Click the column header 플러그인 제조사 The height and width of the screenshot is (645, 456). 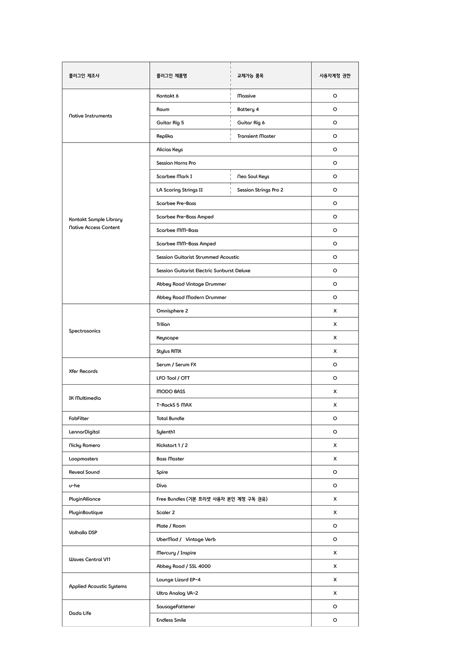point(84,76)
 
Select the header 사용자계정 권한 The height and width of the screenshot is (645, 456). point(335,76)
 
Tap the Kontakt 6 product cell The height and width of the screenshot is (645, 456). point(167,96)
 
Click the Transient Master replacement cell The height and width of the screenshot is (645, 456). point(256,136)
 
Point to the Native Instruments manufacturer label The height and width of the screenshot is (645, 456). point(91,116)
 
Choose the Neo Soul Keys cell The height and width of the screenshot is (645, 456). point(253,177)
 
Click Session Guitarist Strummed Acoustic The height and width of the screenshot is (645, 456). point(198,257)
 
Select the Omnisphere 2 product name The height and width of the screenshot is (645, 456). point(172,311)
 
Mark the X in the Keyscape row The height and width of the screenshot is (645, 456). point(335,338)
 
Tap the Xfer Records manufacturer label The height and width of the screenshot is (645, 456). point(83,371)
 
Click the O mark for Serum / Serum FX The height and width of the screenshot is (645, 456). point(335,365)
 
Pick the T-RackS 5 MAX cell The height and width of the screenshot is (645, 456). point(174,405)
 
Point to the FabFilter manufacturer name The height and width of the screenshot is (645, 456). point(79,419)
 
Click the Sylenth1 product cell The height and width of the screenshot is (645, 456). point(165,432)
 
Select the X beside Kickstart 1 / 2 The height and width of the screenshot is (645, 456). point(335,445)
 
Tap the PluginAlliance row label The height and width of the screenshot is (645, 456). point(85,499)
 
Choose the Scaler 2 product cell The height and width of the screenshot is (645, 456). point(165,513)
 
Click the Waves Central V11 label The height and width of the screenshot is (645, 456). point(90,559)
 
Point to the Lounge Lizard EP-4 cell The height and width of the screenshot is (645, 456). point(178,580)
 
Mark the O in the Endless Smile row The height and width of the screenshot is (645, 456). point(335,620)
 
